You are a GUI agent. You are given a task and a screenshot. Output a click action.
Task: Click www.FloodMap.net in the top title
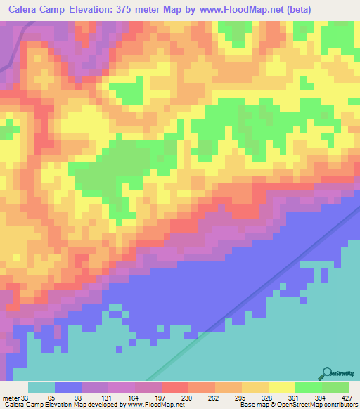243,8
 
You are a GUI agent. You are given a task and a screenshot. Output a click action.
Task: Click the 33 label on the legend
27,397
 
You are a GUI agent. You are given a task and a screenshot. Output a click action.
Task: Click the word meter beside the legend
11,397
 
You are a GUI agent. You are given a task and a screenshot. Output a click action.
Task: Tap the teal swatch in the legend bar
41,387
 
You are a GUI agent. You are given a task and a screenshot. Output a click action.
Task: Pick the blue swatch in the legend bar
68,387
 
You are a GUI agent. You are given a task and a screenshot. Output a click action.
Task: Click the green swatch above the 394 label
308,387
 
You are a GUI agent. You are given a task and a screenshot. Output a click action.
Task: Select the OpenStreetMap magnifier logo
326,373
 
